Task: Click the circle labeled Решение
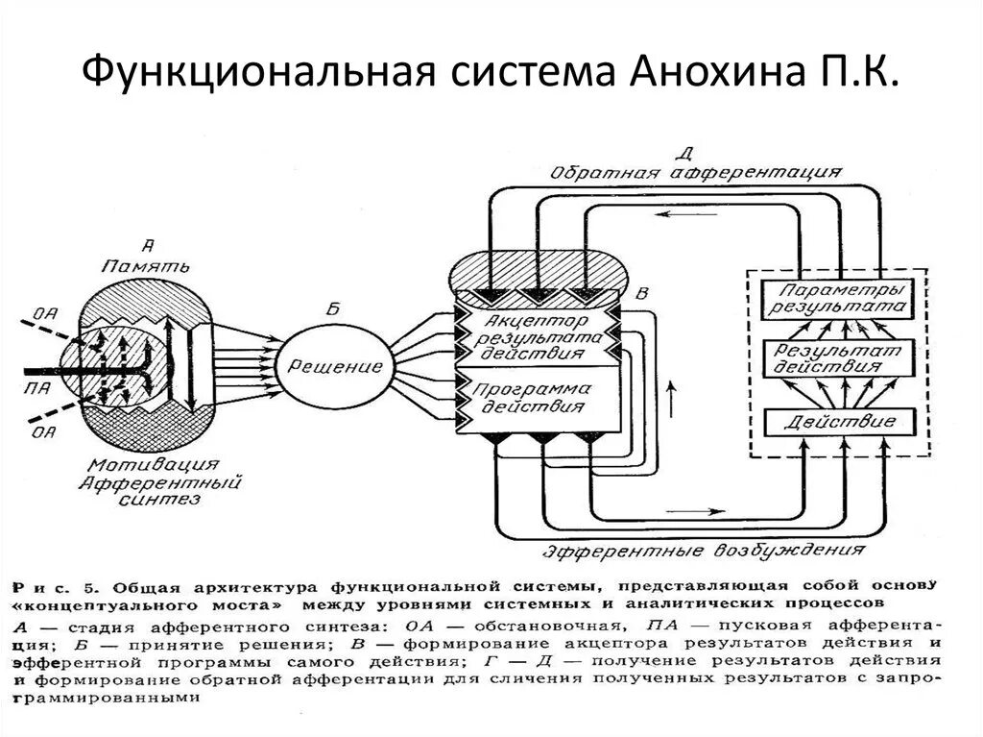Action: (323, 367)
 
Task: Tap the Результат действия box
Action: (839, 358)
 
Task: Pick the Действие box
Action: (839, 422)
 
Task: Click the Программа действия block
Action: (536, 399)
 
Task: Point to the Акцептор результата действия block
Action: (536, 335)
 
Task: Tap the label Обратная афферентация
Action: (697, 173)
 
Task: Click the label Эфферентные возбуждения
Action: (702, 552)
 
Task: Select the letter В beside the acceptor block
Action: (641, 291)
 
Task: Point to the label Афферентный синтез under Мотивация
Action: (158, 490)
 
